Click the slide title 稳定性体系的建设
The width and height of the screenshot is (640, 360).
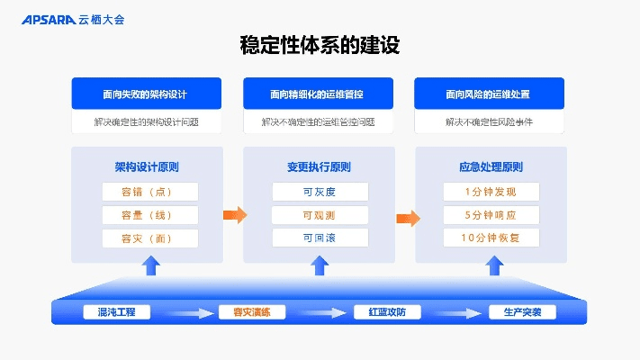320,44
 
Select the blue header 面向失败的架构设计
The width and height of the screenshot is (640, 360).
147,94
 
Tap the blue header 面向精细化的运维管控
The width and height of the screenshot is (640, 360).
318,94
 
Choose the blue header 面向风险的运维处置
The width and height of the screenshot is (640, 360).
489,94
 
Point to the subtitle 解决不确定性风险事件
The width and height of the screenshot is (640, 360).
489,121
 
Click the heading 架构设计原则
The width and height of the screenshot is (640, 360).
147,166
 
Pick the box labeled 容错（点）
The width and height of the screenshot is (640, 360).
147,192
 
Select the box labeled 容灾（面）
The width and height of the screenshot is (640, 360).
147,238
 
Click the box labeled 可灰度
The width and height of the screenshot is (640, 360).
320,192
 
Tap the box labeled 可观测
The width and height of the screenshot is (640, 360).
320,215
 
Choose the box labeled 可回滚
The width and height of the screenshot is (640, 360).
320,238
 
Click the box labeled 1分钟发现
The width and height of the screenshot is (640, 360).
491,192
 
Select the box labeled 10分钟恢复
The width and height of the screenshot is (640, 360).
491,238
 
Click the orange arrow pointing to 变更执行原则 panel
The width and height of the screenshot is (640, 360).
234,214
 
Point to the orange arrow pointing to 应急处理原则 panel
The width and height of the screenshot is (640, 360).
407,218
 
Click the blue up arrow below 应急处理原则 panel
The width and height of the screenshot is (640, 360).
491,265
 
